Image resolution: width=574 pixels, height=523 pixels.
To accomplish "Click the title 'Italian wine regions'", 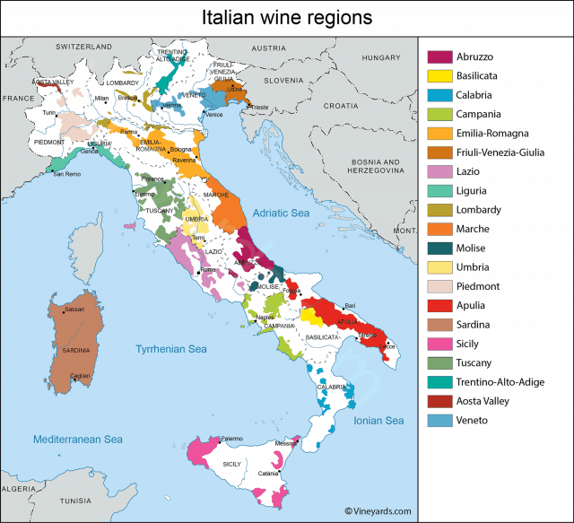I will [286, 17].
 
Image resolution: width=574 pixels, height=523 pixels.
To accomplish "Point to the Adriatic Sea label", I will [280, 213].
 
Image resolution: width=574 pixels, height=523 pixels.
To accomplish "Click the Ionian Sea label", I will [379, 421].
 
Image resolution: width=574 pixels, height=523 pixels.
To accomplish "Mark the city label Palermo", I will [232, 438].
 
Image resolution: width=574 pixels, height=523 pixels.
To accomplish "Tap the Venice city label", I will [214, 115].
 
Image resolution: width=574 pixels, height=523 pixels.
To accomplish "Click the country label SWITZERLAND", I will [83, 46].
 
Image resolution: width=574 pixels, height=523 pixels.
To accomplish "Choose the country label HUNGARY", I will [380, 57].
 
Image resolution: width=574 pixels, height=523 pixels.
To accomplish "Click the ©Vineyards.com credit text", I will [377, 510].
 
